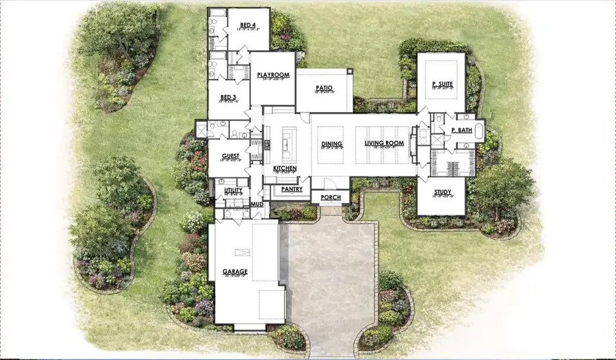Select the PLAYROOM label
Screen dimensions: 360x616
point(272,75)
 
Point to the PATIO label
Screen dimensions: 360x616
point(324,88)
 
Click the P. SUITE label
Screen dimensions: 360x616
point(441,85)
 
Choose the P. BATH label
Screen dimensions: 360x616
point(461,130)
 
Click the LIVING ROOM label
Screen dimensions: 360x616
point(383,144)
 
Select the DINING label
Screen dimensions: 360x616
point(332,144)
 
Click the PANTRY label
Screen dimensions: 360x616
point(292,189)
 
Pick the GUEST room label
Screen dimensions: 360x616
point(231,156)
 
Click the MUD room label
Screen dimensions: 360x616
point(257,204)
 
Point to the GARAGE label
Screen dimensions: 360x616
point(235,271)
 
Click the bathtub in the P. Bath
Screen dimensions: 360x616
point(479,129)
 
